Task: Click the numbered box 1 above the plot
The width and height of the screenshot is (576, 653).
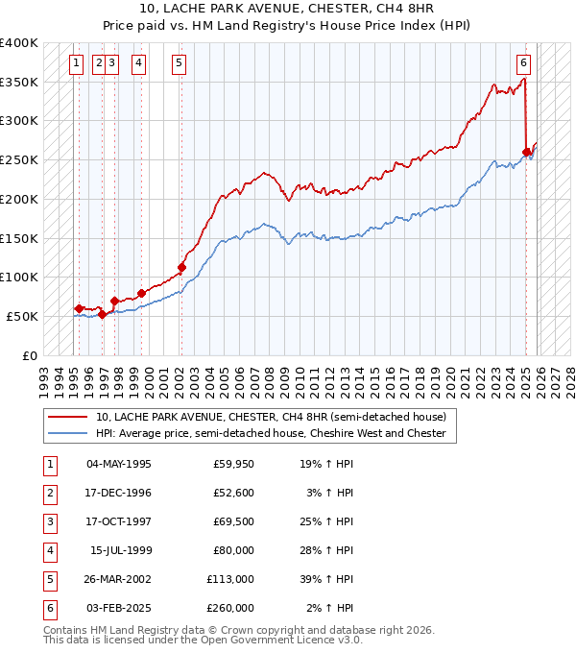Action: tap(76, 64)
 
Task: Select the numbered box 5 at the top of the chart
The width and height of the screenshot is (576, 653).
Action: tap(180, 64)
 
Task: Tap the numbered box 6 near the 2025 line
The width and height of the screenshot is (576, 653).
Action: tap(523, 64)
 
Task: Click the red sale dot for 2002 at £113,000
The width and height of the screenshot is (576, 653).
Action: tap(182, 267)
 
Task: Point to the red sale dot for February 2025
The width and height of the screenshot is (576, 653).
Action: tap(526, 152)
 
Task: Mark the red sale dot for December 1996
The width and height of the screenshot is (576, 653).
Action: tap(102, 314)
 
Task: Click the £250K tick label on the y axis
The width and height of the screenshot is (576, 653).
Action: tap(19, 159)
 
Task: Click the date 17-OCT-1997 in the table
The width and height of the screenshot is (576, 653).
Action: tap(119, 521)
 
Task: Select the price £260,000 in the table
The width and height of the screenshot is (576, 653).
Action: tap(230, 608)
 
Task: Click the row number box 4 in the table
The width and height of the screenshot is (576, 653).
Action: tap(49, 550)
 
